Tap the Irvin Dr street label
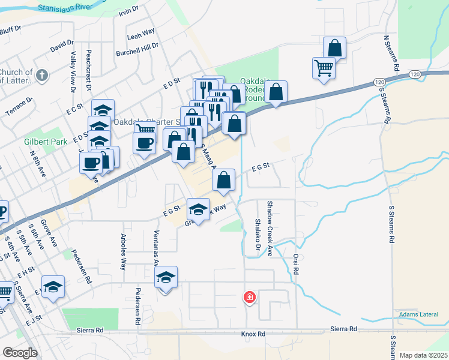tap(128, 10)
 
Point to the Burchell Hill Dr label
tap(137, 46)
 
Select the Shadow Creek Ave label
tap(270, 227)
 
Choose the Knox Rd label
tap(253, 334)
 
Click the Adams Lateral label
tap(415, 314)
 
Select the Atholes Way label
tap(124, 251)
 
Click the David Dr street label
tap(61, 46)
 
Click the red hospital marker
tap(249, 297)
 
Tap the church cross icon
tap(41, 76)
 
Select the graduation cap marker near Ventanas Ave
tap(166, 277)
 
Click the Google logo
tap(20, 353)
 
